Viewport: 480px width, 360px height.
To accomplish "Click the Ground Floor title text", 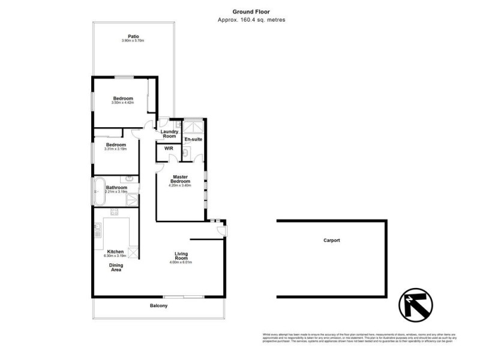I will [251, 11].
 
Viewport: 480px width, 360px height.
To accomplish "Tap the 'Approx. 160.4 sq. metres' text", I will [251, 20].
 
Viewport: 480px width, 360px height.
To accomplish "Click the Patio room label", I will [133, 36].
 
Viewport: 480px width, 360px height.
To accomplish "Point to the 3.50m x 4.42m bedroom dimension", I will [123, 103].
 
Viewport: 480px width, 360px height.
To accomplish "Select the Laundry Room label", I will [169, 134].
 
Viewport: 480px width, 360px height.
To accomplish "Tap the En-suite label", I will [193, 139].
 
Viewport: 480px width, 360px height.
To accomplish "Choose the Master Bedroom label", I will [181, 179].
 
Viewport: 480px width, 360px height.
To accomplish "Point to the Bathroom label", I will [117, 187].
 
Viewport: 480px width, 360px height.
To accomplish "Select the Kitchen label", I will [115, 251].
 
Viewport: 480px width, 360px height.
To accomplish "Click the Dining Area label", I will [115, 268].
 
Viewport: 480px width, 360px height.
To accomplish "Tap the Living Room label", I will [182, 256].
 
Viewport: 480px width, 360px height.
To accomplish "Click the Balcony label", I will [159, 306].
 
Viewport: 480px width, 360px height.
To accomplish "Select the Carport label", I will [331, 241].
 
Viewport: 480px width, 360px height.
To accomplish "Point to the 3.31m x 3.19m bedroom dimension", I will [116, 149].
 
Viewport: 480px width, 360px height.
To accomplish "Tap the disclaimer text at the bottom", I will [359, 338].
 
